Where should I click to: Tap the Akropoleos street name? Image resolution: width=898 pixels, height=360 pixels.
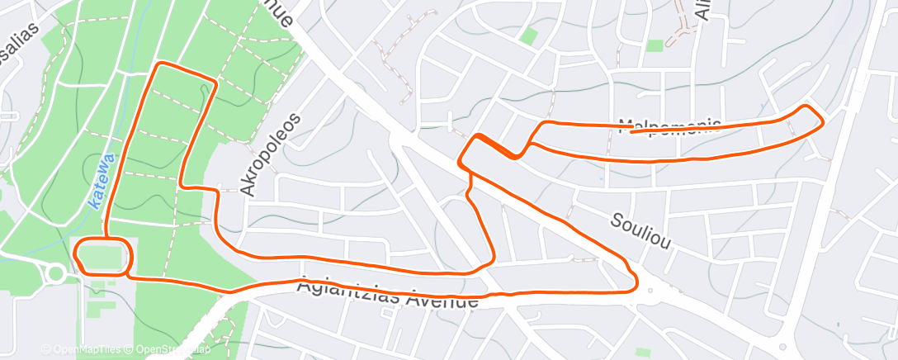(x=270, y=154)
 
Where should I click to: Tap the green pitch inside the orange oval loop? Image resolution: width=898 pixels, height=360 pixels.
(x=103, y=257)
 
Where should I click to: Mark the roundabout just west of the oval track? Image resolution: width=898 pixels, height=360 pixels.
(x=55, y=272)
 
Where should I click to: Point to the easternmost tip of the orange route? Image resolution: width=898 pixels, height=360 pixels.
(x=823, y=122)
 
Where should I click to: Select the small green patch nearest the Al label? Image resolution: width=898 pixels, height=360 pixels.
(x=655, y=46)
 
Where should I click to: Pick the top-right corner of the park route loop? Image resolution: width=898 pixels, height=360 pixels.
(x=215, y=81)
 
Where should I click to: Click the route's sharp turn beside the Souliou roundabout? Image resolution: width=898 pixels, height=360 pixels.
(x=634, y=283)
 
